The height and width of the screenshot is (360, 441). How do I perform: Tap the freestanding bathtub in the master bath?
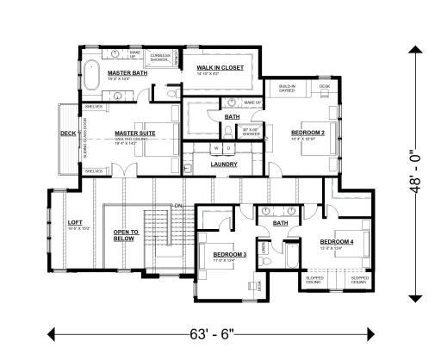tap(93, 78)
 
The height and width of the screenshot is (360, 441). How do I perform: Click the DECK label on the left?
tap(68, 133)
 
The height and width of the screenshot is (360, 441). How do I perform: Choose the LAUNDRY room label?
tap(224, 164)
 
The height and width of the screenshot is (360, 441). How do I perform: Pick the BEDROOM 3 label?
tap(229, 254)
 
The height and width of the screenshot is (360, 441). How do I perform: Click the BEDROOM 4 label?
tap(336, 242)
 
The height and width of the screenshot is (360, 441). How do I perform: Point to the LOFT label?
tap(75, 222)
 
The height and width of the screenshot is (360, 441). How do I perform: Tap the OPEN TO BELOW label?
tap(126, 236)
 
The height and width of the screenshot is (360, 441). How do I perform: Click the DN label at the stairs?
tap(178, 206)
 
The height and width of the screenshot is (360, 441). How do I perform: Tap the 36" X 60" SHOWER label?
tap(252, 132)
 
